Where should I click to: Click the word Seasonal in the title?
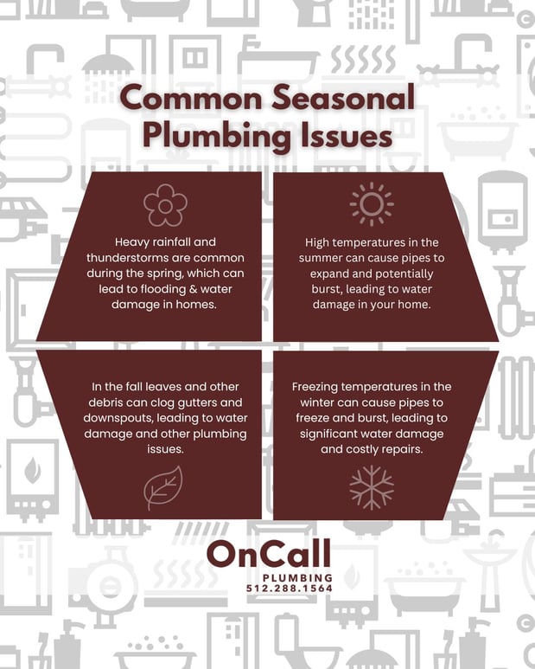pyautogui.click(x=337, y=99)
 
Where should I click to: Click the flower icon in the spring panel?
pyautogui.click(x=165, y=205)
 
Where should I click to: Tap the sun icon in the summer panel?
pyautogui.click(x=372, y=204)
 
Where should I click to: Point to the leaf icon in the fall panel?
pyautogui.click(x=163, y=486)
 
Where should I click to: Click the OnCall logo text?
pyautogui.click(x=268, y=556)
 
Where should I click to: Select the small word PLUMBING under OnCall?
pyautogui.click(x=296, y=576)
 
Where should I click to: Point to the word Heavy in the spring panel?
pyautogui.click(x=131, y=243)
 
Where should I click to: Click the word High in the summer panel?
pyautogui.click(x=320, y=243)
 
